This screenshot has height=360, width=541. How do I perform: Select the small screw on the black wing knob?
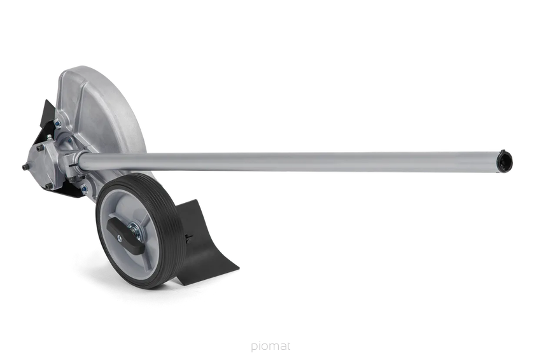click(x=120, y=237)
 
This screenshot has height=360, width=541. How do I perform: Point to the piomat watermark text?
click(x=270, y=346)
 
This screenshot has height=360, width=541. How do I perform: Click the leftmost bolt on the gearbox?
click(x=25, y=167)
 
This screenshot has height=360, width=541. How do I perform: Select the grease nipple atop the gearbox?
click(x=50, y=137)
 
